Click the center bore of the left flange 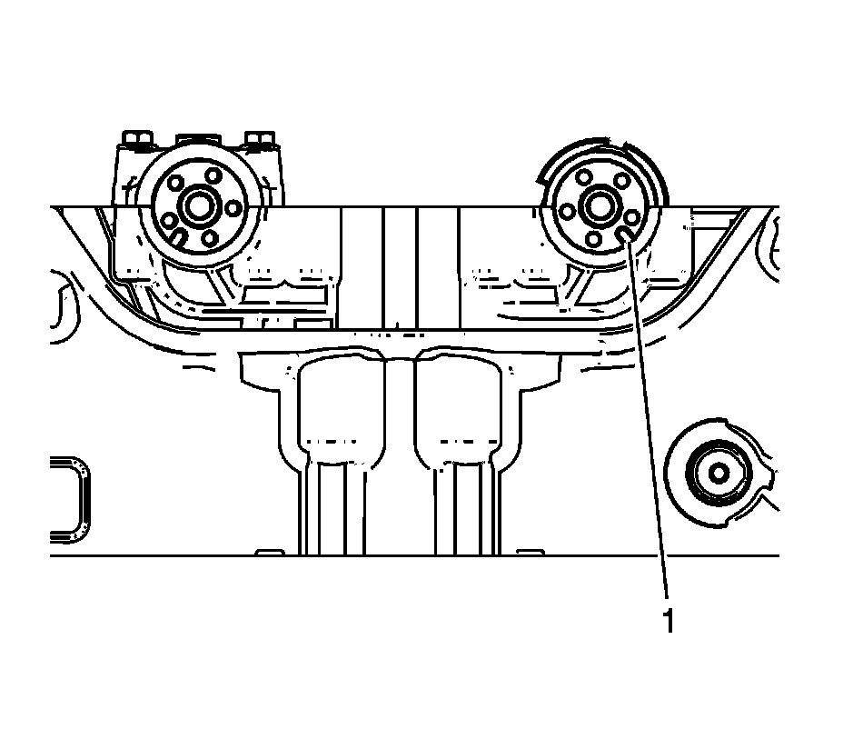click(x=196, y=206)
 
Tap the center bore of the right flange click(x=599, y=206)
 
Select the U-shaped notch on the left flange click(x=179, y=237)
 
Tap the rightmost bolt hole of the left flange click(x=233, y=208)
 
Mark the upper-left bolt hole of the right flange click(x=582, y=176)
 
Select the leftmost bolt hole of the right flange click(x=566, y=211)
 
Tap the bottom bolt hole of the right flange click(x=593, y=240)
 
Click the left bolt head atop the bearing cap click(x=139, y=140)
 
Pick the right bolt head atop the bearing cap click(x=261, y=140)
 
